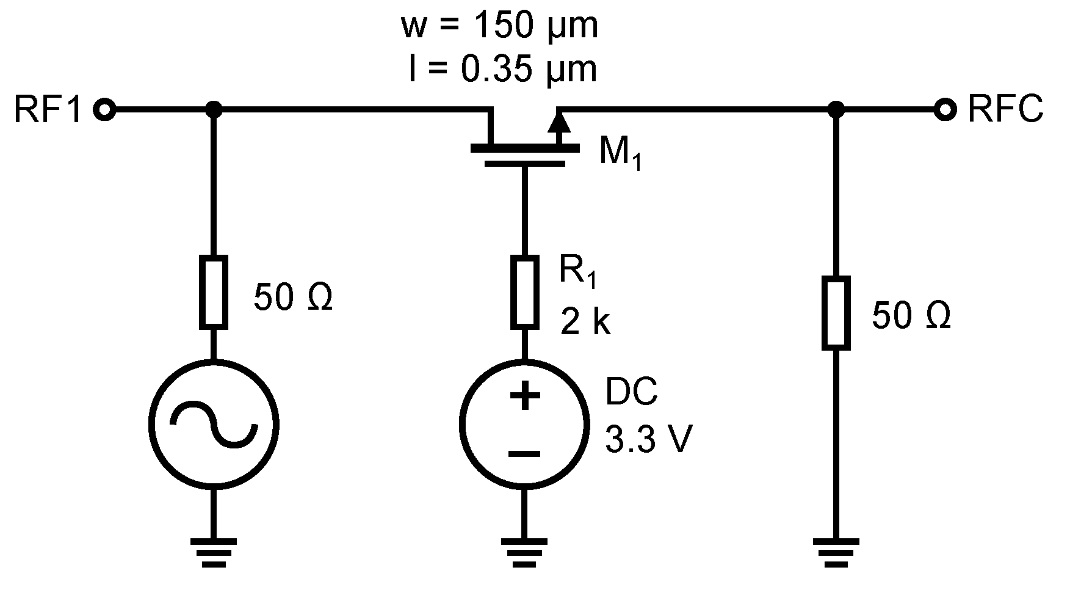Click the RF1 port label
[x=48, y=111]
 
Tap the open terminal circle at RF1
[x=104, y=111]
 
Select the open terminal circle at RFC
[x=945, y=111]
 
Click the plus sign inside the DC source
[x=524, y=396]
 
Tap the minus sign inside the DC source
[x=524, y=453]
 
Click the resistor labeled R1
[x=525, y=291]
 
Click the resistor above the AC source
[x=214, y=291]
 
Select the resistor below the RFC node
[x=836, y=313]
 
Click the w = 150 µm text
[x=499, y=27]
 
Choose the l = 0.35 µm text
[x=502, y=69]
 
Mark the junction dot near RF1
[x=214, y=111]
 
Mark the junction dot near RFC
[x=836, y=111]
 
